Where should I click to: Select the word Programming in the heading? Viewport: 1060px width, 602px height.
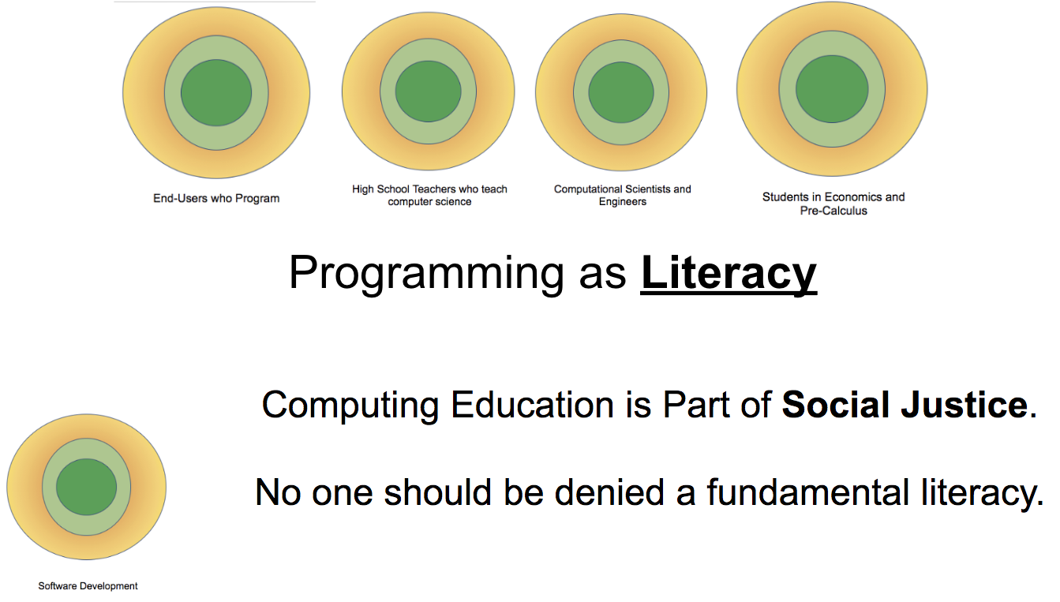point(426,275)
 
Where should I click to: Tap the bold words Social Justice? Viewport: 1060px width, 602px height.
point(905,405)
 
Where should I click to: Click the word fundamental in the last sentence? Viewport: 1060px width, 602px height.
point(807,492)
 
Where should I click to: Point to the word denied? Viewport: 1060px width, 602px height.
point(609,492)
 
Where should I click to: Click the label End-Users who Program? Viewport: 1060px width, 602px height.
point(216,198)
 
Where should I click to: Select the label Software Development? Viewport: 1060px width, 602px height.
point(88,586)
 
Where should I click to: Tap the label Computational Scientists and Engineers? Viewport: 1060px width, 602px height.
point(622,196)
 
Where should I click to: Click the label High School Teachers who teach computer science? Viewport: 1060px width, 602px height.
point(429,196)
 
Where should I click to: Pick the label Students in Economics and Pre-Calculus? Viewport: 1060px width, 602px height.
point(833,204)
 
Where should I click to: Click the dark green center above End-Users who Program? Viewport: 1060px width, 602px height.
point(216,92)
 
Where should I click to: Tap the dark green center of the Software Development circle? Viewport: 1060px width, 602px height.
point(87,487)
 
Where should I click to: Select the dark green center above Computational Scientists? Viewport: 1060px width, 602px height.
point(621,92)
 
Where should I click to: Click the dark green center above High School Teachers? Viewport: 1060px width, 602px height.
point(429,92)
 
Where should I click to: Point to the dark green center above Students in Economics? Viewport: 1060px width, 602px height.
point(832,89)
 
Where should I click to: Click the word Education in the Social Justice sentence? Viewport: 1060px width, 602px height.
point(532,405)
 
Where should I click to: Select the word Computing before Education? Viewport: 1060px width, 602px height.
point(350,406)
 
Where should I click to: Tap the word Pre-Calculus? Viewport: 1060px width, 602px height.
point(833,211)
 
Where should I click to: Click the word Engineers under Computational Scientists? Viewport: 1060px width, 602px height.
point(623,202)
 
